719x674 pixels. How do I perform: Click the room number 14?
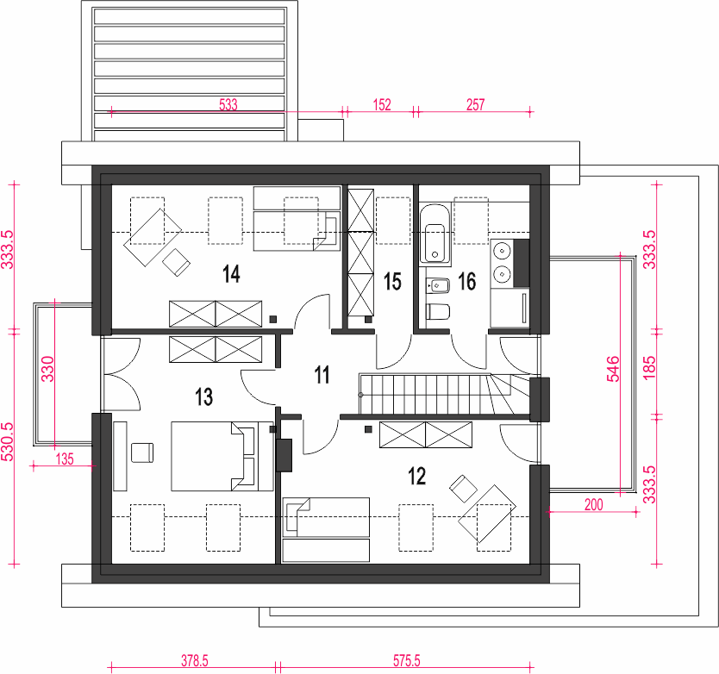(x=231, y=274)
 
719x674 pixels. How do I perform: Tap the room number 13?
(x=204, y=396)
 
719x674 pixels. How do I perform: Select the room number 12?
(x=416, y=477)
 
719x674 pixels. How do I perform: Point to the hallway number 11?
(x=322, y=375)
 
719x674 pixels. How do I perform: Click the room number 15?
(x=392, y=282)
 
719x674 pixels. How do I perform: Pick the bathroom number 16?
(x=467, y=282)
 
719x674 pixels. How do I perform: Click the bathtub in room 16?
(x=435, y=234)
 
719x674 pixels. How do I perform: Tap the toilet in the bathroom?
(x=437, y=312)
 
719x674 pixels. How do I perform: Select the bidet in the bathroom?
(x=437, y=286)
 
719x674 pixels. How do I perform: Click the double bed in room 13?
(x=222, y=456)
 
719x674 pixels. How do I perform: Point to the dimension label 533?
(x=228, y=105)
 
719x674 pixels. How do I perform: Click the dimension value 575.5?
(x=406, y=661)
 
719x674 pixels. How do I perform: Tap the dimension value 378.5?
(x=195, y=661)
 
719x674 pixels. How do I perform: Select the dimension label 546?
(x=613, y=369)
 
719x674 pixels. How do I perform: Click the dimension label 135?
(x=65, y=459)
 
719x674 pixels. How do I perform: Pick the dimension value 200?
(x=593, y=505)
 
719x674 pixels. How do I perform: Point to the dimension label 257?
(x=476, y=105)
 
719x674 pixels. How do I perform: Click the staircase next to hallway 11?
(x=444, y=394)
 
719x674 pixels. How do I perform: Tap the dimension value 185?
(x=649, y=368)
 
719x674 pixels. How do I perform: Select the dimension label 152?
(x=382, y=105)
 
